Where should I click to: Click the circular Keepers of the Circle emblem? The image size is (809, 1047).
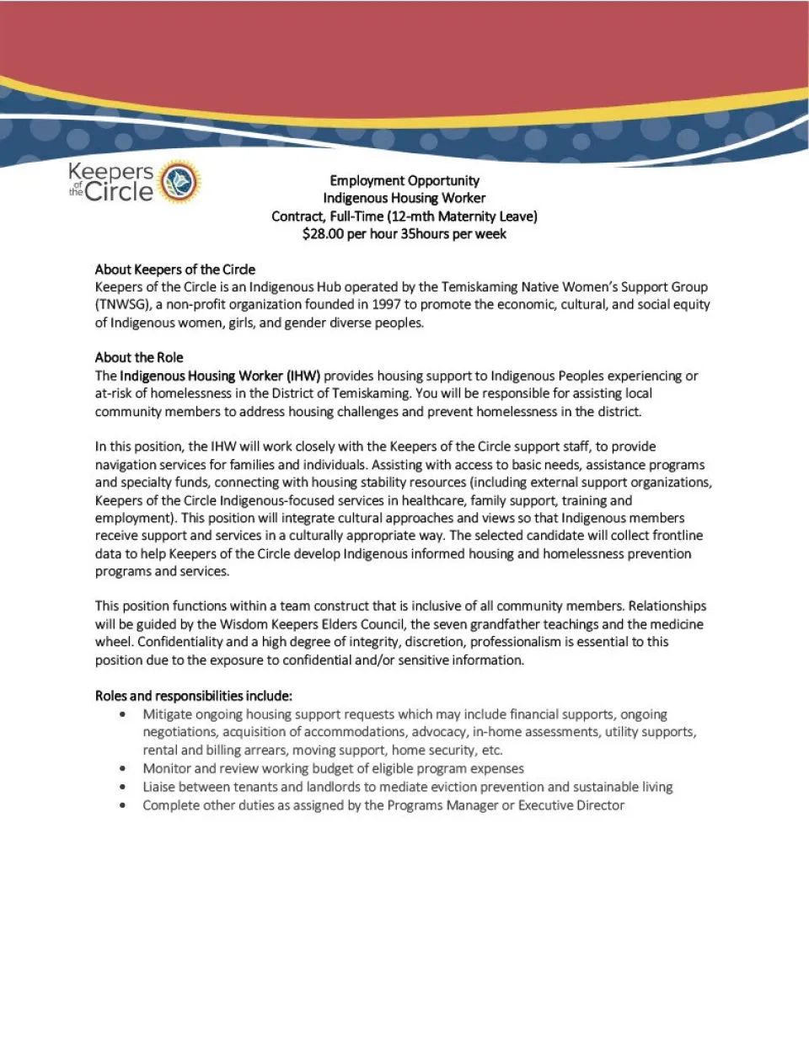coord(179,182)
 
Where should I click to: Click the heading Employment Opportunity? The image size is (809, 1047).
coord(404,180)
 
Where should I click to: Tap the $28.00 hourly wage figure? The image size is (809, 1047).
coord(323,234)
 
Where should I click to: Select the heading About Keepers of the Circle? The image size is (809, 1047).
coord(174,270)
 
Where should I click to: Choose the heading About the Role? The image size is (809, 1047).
coord(139,357)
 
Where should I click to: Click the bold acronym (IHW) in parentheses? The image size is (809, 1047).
coord(303,376)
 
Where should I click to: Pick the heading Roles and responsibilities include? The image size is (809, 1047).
coord(194,696)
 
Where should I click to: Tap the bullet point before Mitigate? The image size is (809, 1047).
coord(123,714)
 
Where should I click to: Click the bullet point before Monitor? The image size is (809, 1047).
coord(123,768)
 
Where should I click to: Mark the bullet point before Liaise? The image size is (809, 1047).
coord(123,787)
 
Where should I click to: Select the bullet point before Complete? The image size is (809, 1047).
coord(123,805)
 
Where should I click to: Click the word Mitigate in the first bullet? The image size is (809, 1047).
coord(167,714)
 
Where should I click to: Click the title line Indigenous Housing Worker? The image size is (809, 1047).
coord(404,198)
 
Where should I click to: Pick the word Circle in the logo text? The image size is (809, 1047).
coord(120,192)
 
